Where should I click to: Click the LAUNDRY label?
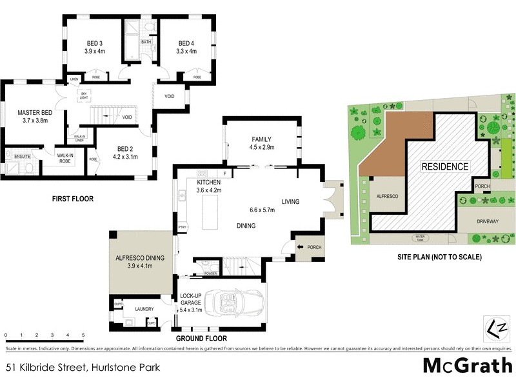click(x=144, y=309)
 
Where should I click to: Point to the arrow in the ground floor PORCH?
click(x=301, y=248)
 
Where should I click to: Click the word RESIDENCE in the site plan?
click(x=445, y=166)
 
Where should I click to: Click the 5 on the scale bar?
click(x=83, y=335)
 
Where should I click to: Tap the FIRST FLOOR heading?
click(x=73, y=199)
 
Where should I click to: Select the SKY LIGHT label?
click(x=83, y=96)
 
